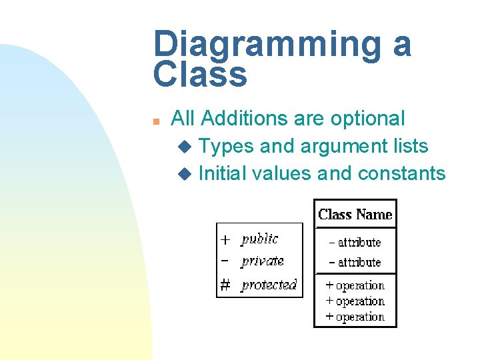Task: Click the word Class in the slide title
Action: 200,75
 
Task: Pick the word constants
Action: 401,173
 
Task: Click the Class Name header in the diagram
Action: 355,215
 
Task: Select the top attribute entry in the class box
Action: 355,243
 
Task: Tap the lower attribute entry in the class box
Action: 355,262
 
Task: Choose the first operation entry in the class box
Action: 355,285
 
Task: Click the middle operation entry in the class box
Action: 355,301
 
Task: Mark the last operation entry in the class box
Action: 355,317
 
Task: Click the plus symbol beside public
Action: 226,239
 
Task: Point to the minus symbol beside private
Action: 225,261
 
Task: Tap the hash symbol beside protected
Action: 226,285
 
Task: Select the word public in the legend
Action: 260,239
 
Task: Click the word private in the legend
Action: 263,261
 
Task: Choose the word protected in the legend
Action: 269,285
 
